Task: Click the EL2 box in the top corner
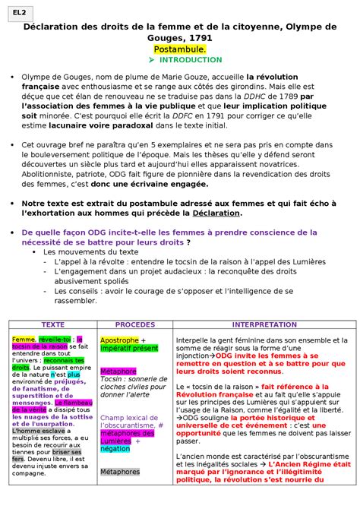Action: pyautogui.click(x=17, y=12)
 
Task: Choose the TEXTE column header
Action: pyautogui.click(x=52, y=324)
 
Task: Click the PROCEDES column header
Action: pyautogui.click(x=134, y=324)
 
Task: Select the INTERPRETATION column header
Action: pyautogui.click(x=264, y=324)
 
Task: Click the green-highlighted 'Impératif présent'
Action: pyautogui.click(x=129, y=349)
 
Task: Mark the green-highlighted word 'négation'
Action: pyautogui.click(x=115, y=449)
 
